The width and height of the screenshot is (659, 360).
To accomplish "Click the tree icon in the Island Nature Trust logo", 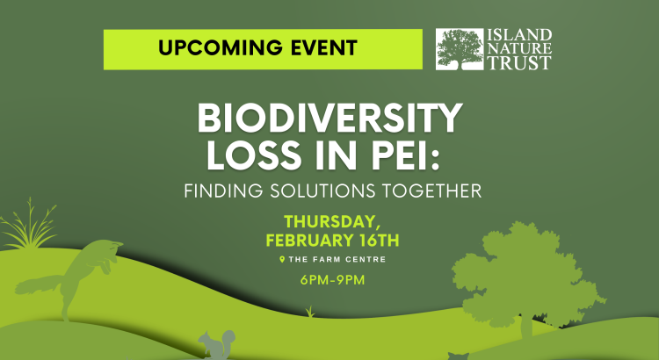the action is click(460, 49).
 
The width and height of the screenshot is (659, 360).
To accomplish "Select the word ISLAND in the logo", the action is click(519, 35).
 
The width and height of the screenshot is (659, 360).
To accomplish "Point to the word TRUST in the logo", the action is click(519, 62).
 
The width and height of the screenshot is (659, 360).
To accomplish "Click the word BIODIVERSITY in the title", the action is click(329, 119).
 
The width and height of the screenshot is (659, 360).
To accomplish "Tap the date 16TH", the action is click(379, 241).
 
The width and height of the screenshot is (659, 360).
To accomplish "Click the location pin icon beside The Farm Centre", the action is click(282, 260).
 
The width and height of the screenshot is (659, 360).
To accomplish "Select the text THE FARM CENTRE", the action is click(337, 260).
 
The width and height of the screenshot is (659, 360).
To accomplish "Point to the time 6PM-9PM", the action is click(332, 280).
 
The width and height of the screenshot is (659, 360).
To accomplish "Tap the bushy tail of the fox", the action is click(38, 284).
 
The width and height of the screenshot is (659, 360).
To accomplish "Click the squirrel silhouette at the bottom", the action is click(217, 344).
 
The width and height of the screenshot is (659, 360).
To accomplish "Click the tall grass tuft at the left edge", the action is click(29, 227).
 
